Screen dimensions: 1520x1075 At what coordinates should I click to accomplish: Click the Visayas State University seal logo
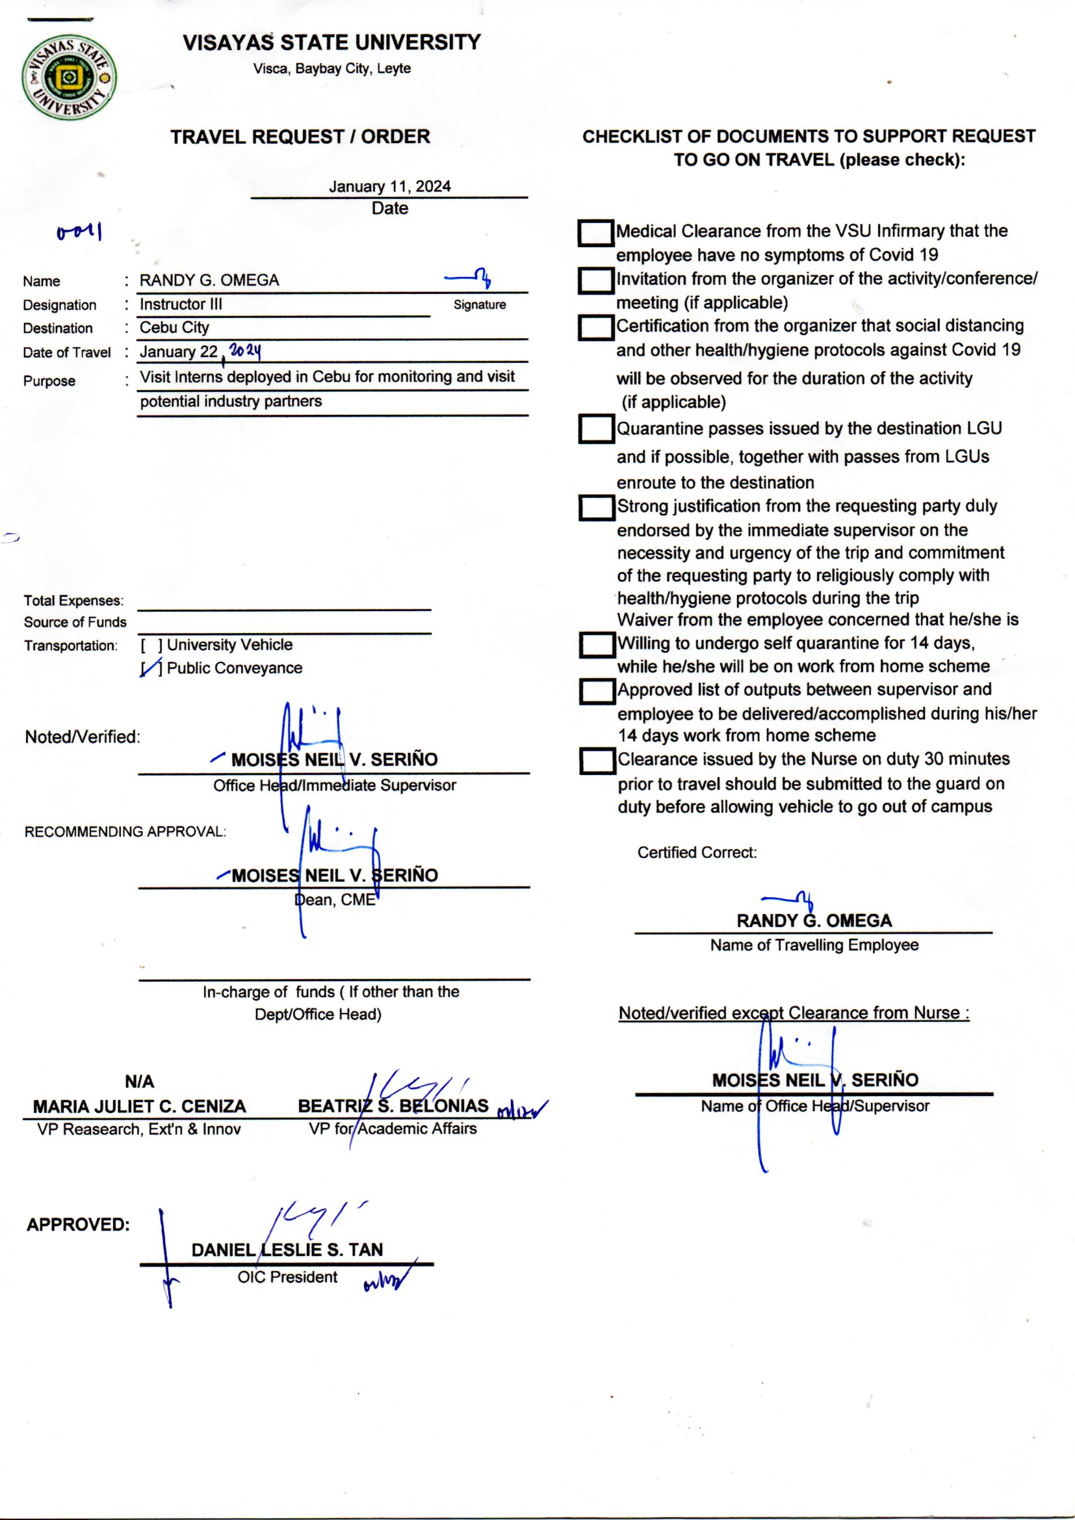pyautogui.click(x=70, y=78)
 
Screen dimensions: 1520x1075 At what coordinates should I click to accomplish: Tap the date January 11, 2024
pyautogui.click(x=390, y=187)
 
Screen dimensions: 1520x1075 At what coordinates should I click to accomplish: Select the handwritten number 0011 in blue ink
pyautogui.click(x=79, y=232)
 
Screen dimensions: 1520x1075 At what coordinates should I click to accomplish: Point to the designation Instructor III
pyautogui.click(x=181, y=304)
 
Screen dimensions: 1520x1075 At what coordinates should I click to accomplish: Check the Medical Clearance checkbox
pyautogui.click(x=596, y=233)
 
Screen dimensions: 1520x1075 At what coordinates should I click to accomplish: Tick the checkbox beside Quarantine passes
pyautogui.click(x=597, y=429)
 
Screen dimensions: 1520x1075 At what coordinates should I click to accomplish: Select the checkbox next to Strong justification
pyautogui.click(x=597, y=508)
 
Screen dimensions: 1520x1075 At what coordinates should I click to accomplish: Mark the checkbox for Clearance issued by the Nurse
pyautogui.click(x=597, y=761)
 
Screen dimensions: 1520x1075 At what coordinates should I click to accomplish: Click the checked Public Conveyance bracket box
pyautogui.click(x=151, y=668)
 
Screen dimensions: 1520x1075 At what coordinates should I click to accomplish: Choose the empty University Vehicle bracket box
pyautogui.click(x=151, y=646)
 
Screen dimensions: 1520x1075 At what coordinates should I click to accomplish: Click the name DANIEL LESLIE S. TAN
pyautogui.click(x=287, y=1250)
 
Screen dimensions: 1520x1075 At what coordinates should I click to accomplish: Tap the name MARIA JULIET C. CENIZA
pyautogui.click(x=139, y=1107)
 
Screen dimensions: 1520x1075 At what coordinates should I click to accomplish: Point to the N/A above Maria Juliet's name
pyautogui.click(x=139, y=1082)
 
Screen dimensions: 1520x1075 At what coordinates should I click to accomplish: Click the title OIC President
pyautogui.click(x=287, y=1277)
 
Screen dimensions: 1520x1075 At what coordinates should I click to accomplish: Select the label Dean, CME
pyautogui.click(x=335, y=900)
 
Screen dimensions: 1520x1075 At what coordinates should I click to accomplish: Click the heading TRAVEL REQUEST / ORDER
pyautogui.click(x=300, y=137)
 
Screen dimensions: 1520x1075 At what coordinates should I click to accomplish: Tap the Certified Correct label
pyautogui.click(x=696, y=853)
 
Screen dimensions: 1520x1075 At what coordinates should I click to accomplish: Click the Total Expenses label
pyautogui.click(x=73, y=601)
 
